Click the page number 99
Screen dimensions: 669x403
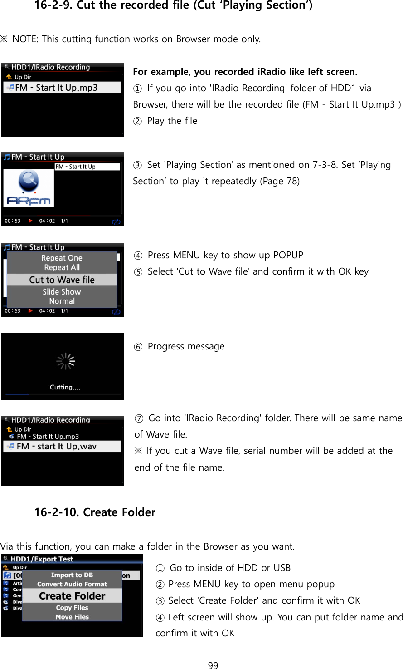(213, 665)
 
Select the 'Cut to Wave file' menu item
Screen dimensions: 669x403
(62, 280)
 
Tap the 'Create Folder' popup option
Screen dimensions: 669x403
(72, 596)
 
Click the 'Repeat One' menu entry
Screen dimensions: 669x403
(62, 258)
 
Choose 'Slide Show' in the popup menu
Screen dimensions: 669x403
(62, 292)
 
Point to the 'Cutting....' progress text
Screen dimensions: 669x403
(65, 387)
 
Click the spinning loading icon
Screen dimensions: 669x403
(65, 361)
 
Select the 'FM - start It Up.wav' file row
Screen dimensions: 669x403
(57, 446)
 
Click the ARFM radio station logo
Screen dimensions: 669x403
(29, 188)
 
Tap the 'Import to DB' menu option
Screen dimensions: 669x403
(72, 575)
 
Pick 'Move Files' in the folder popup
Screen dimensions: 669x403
(72, 617)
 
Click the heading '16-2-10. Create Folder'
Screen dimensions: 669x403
(95, 512)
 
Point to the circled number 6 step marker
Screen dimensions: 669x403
(138, 347)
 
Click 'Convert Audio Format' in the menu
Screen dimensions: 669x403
(72, 584)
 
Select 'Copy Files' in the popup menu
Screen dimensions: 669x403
(72, 608)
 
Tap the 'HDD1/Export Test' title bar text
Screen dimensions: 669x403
(42, 559)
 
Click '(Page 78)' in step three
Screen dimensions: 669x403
(280, 181)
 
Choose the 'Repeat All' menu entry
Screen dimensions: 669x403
(62, 267)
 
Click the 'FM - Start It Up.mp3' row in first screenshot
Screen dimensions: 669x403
(56, 88)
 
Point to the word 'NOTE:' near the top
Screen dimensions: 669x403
(25, 39)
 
